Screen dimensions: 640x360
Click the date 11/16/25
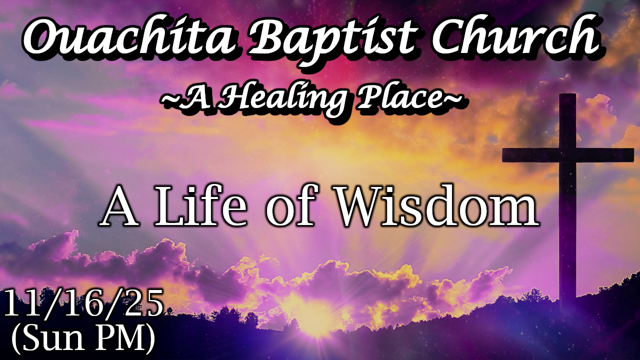(x=83, y=302)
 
